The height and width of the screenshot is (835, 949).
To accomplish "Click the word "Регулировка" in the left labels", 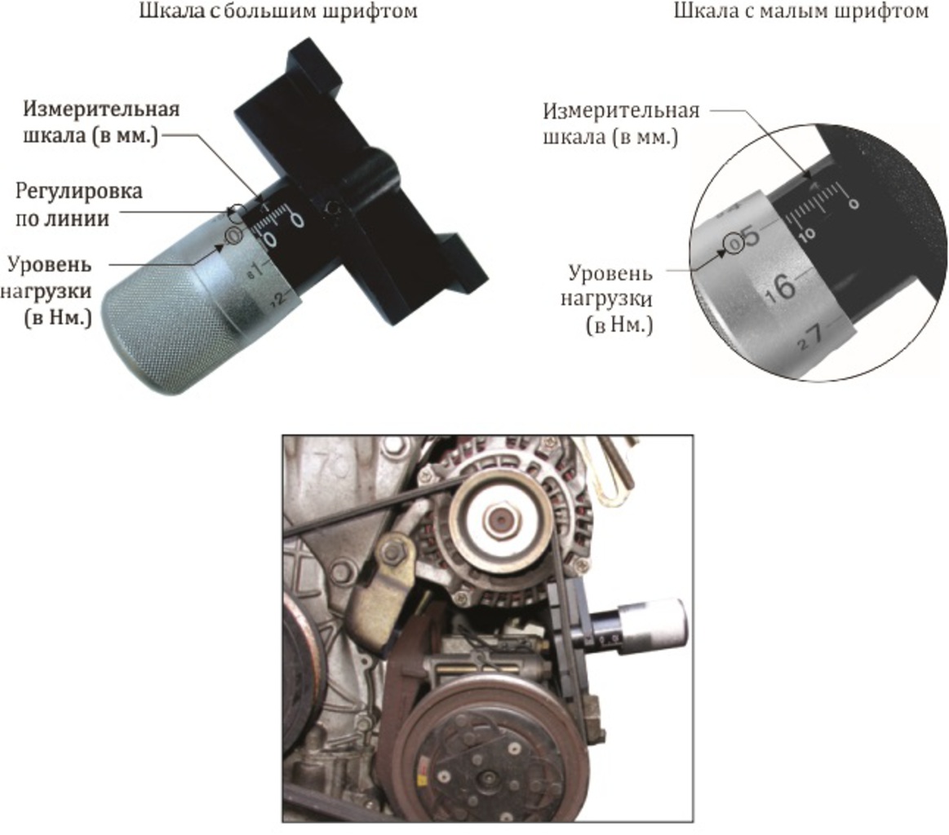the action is (x=78, y=192).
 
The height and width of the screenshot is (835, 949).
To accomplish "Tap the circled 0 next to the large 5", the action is (x=734, y=245).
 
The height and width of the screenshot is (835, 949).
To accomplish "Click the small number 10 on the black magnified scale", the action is (x=807, y=232).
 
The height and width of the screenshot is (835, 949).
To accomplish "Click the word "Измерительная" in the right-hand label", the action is (x=621, y=111).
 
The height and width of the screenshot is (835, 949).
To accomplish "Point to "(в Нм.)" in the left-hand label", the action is (x=58, y=317).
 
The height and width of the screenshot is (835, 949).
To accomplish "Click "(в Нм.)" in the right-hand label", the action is (x=619, y=325).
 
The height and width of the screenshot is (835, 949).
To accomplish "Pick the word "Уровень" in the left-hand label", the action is (x=49, y=265).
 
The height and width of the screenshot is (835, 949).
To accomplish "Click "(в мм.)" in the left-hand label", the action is (x=126, y=136).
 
